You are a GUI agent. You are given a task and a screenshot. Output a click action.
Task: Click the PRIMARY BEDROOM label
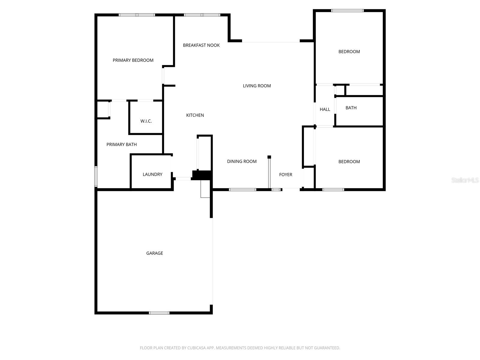point(133,60)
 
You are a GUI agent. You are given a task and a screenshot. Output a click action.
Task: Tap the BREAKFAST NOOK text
point(201,45)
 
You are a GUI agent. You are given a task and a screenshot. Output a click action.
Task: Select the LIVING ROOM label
point(257,86)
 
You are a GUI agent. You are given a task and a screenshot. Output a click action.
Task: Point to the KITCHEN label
point(195,115)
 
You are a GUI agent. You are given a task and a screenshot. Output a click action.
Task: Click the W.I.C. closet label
point(146,121)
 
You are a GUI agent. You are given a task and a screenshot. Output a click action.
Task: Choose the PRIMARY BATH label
point(121,145)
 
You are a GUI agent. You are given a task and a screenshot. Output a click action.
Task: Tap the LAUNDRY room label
point(152,174)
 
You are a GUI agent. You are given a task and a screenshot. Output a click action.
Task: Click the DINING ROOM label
point(242,161)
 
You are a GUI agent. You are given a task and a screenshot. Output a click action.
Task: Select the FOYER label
point(286,175)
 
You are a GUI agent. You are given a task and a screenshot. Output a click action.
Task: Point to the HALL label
point(325,109)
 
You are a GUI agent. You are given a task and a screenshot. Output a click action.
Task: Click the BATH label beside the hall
point(351,108)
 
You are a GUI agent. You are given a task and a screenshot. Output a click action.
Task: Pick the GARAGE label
point(154,253)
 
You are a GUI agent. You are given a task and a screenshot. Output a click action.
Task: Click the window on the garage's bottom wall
point(159,313)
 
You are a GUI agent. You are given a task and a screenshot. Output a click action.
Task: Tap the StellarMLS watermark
point(465,180)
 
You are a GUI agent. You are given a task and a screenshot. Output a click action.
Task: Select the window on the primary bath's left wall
point(96,176)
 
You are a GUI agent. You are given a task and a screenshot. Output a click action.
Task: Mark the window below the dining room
point(242,190)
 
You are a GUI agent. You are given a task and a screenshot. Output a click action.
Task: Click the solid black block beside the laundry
point(202,175)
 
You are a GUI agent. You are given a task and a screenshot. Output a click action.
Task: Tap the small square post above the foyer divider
point(269,157)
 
